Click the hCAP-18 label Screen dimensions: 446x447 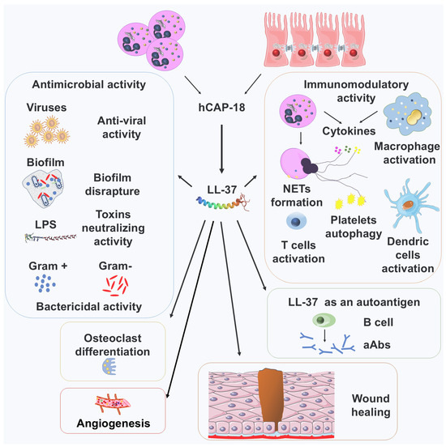pyautogui.click(x=221, y=108)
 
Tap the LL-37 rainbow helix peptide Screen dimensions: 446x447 pyautogui.click(x=223, y=202)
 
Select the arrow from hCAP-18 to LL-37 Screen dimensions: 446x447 pyautogui.click(x=221, y=149)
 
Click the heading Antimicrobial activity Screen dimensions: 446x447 pyautogui.click(x=89, y=84)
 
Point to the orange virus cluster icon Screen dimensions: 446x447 pyautogui.click(x=47, y=131)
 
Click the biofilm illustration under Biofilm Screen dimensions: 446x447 pyautogui.click(x=43, y=188)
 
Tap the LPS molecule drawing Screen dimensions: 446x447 pyautogui.click(x=50, y=237)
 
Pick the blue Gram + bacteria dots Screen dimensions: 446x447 pyautogui.click(x=45, y=283)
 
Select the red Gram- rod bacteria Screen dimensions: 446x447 pyautogui.click(x=115, y=285)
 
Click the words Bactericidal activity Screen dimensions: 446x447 pyautogui.click(x=89, y=306)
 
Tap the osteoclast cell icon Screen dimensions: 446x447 pyautogui.click(x=109, y=366)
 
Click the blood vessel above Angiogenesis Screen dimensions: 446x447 pyautogui.click(x=112, y=403)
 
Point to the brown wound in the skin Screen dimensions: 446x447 pyautogui.click(x=270, y=396)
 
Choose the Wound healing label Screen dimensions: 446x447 pyautogui.click(x=371, y=405)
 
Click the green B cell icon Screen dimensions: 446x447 pyautogui.click(x=324, y=320)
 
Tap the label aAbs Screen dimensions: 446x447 pyautogui.click(x=376, y=345)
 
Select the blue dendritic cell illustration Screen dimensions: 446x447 pyautogui.click(x=410, y=204)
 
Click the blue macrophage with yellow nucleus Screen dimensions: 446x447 pyautogui.click(x=407, y=115)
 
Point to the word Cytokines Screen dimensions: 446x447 pyautogui.click(x=349, y=131)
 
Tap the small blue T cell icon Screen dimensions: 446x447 pyautogui.click(x=296, y=221)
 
